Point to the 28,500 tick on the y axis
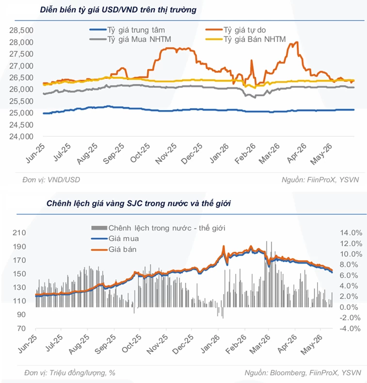[x=21, y=30]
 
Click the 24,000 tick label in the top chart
[x=21, y=136]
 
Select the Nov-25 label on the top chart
[x=166, y=154]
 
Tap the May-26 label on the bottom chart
[x=312, y=346]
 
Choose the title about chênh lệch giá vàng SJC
[x=139, y=203]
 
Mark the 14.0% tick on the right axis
[x=351, y=233]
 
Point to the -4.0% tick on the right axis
[x=350, y=329]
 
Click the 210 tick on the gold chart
[x=19, y=233]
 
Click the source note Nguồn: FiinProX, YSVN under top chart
[x=320, y=180]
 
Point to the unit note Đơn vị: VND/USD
[x=51, y=180]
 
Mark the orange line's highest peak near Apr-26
[x=297, y=42]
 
